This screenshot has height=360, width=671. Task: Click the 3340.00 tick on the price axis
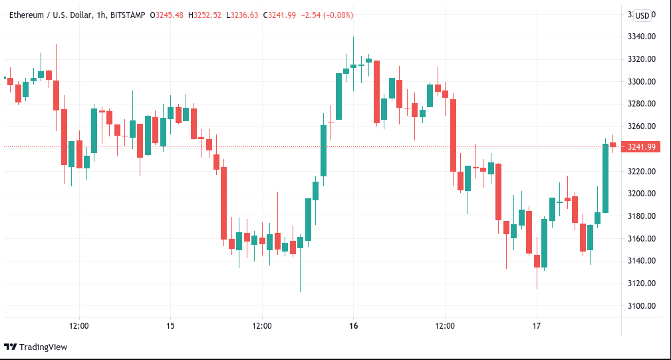[641, 37]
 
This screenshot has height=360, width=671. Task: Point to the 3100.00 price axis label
[641, 306]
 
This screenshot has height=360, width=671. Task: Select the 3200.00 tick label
[641, 194]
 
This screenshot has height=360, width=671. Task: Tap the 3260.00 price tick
[641, 126]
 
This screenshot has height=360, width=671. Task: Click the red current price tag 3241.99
[641, 147]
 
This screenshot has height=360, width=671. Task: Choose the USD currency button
[642, 15]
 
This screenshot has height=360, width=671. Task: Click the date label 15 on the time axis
[171, 326]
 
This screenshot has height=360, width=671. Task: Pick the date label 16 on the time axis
[353, 326]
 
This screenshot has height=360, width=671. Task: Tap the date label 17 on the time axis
[537, 326]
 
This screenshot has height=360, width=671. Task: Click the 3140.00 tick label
[641, 261]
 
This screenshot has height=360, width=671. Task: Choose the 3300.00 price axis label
[641, 82]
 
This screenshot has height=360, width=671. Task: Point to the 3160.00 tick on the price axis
[641, 239]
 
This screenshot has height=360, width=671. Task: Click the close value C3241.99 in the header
[283, 15]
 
